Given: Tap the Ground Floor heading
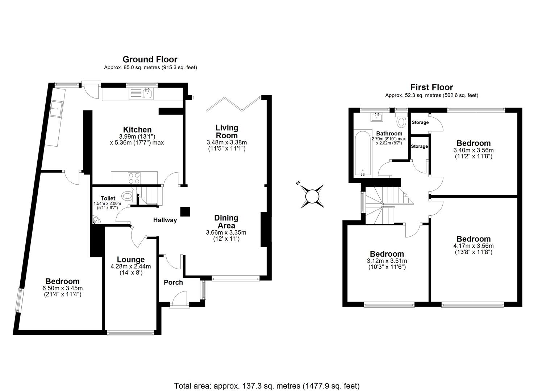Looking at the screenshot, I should pyautogui.click(x=150, y=59).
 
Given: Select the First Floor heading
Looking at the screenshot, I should pyautogui.click(x=431, y=87).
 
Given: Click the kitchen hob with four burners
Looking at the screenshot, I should pyautogui.click(x=134, y=177).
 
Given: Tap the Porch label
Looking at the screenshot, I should pyautogui.click(x=173, y=282).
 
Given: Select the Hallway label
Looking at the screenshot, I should pyautogui.click(x=165, y=220).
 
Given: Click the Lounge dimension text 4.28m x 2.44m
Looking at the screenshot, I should pyautogui.click(x=131, y=266).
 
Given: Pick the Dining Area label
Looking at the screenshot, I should pyautogui.click(x=226, y=222).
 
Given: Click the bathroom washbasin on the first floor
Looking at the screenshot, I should pyautogui.click(x=377, y=117).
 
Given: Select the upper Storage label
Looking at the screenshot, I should pyautogui.click(x=420, y=122).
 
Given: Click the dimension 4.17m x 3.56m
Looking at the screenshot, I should pyautogui.click(x=473, y=246).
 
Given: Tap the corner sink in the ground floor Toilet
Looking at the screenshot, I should pyautogui.click(x=96, y=220).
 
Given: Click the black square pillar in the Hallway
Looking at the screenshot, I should pyautogui.click(x=185, y=212).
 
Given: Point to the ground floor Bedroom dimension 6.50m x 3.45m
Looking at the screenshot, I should pyautogui.click(x=62, y=288).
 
